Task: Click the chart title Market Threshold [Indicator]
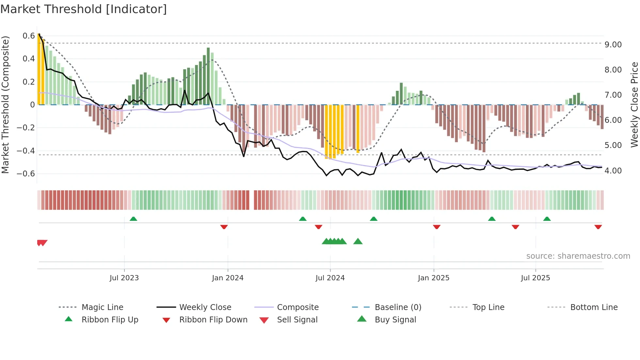coord(84,9)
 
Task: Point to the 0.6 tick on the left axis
coord(29,36)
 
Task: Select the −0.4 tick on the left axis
coord(26,151)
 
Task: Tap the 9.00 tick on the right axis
coord(613,45)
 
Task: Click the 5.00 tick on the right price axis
coord(613,145)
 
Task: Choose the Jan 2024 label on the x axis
coord(228,278)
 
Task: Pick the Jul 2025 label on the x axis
coord(535,278)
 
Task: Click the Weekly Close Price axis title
coord(634,105)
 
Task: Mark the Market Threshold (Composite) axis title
coord(5,105)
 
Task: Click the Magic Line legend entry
coord(102,307)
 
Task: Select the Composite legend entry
coord(297,307)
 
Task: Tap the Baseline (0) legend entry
coord(398,307)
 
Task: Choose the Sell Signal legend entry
coord(297,320)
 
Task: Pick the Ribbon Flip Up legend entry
coord(110,320)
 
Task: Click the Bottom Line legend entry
coord(594,307)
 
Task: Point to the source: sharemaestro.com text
coord(578,256)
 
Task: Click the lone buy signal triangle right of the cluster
coord(358,241)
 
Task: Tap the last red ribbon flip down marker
coord(598,227)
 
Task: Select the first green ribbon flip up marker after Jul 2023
coord(133,219)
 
